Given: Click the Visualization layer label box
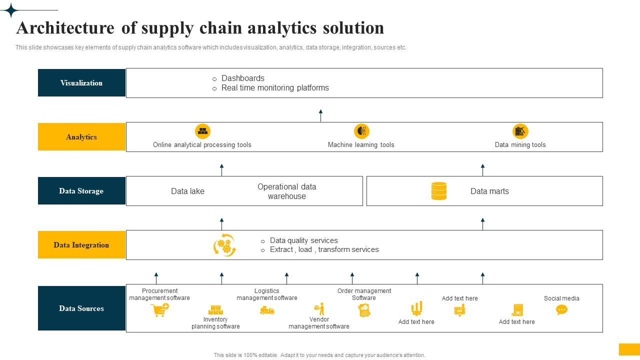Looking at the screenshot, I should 81,83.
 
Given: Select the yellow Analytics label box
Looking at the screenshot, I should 81,137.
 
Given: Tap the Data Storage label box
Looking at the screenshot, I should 81,191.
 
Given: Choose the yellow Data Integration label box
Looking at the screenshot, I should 81,245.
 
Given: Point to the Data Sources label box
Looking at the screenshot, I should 81,308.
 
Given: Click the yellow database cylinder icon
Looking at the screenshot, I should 438,191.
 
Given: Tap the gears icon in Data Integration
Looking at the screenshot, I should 224,245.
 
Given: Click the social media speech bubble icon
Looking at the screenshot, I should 561,310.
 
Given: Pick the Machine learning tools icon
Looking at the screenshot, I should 361,131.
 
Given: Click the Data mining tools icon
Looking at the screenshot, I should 520,131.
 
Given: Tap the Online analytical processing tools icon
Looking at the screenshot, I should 202,131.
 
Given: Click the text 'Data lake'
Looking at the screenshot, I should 187,191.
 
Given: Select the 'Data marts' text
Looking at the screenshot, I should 489,191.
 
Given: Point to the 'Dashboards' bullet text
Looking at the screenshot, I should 243,78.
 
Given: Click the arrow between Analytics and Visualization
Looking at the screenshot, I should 320,115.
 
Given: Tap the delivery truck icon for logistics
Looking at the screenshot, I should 267,311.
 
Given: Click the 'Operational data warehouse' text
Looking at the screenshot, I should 286,191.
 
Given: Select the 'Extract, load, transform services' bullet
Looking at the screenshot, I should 324,250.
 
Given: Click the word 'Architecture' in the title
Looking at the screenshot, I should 65,28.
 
